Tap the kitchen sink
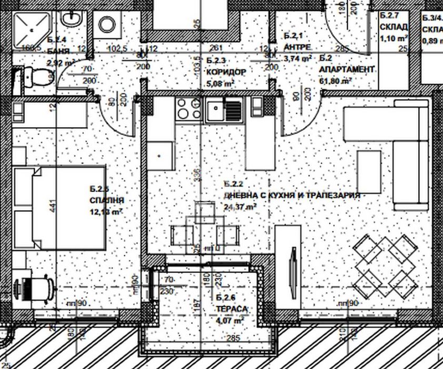click(x=225, y=110)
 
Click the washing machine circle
click(x=108, y=24)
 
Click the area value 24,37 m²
click(x=240, y=206)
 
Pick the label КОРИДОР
click(x=226, y=72)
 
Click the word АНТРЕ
click(x=295, y=47)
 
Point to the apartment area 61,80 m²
click(x=336, y=81)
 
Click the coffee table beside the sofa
click(x=369, y=172)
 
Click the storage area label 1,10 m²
click(x=395, y=38)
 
